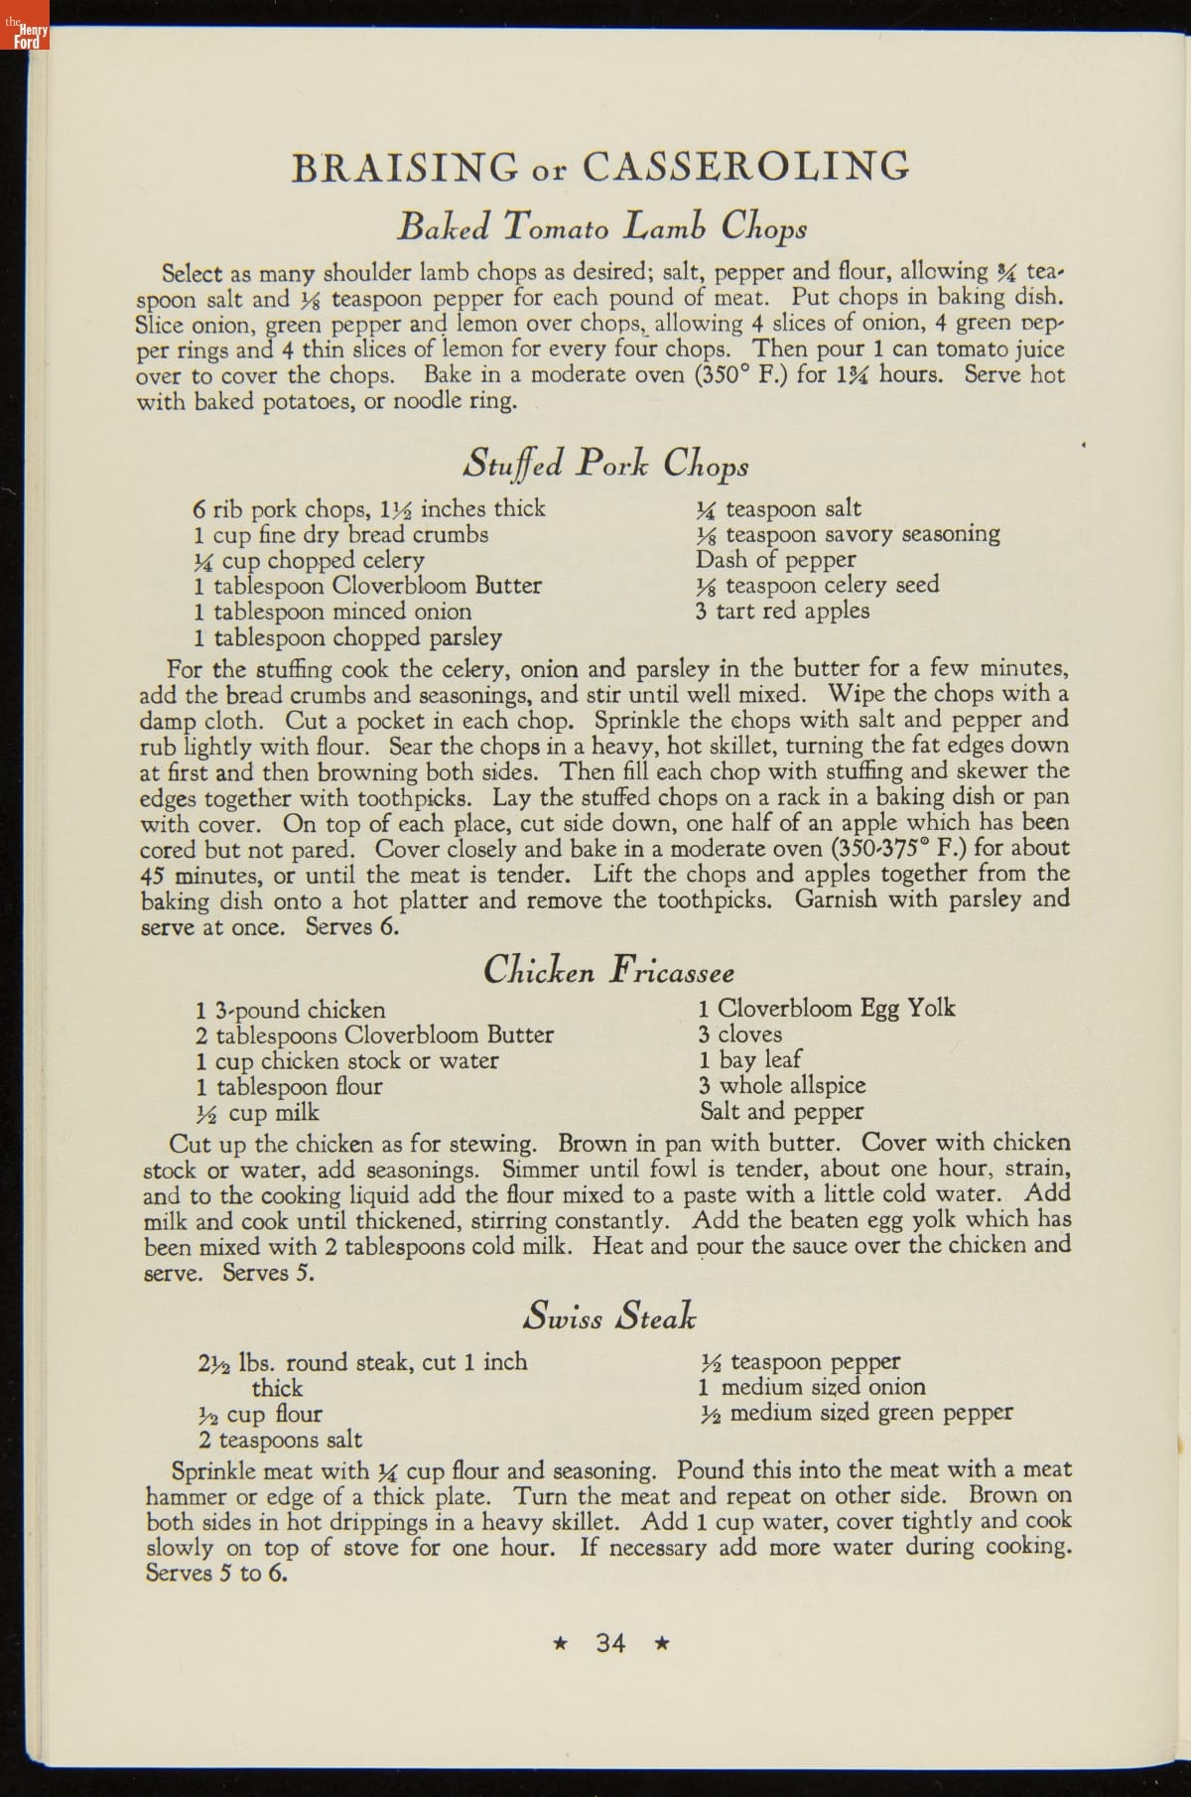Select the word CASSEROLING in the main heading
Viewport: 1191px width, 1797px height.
point(745,166)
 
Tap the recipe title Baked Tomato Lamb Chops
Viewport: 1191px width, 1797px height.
point(601,227)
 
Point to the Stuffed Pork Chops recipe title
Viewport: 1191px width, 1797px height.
point(607,464)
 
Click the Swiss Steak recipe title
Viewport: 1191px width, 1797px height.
point(609,1317)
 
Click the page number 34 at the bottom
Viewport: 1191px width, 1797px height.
point(610,1643)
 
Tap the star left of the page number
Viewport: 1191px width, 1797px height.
point(561,1643)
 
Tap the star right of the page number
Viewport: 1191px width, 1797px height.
point(662,1643)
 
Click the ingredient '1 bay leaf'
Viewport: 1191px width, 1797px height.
point(750,1060)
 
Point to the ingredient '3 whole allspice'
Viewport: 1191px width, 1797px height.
point(782,1086)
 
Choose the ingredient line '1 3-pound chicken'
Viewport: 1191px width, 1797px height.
point(291,1011)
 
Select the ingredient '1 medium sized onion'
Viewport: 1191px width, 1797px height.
point(813,1387)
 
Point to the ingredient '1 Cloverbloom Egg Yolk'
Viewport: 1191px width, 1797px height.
point(827,1009)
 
